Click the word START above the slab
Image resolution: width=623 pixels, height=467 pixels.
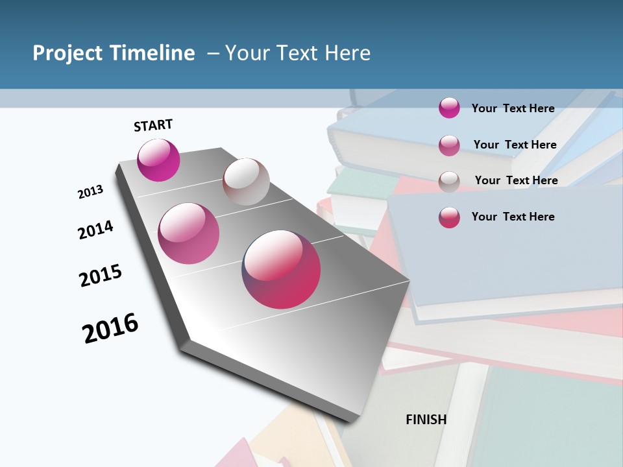pyautogui.click(x=153, y=125)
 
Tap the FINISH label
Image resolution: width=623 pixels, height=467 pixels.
pyautogui.click(x=426, y=420)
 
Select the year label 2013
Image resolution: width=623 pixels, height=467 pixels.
pyautogui.click(x=90, y=192)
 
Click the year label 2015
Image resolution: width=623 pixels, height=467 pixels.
pyautogui.click(x=101, y=276)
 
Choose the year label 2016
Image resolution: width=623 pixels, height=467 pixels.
pyautogui.click(x=110, y=328)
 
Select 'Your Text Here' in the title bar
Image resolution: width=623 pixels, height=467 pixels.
pyautogui.click(x=297, y=53)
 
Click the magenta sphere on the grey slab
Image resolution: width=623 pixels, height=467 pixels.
pyautogui.click(x=158, y=160)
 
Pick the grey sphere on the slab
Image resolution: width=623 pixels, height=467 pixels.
pyautogui.click(x=246, y=182)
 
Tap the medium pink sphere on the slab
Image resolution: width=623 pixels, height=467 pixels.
pyautogui.click(x=188, y=233)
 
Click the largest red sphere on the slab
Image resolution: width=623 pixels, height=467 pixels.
pyautogui.click(x=281, y=269)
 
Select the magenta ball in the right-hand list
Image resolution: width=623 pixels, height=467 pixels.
pyautogui.click(x=449, y=108)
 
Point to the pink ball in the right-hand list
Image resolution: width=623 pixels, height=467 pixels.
pyautogui.click(x=449, y=145)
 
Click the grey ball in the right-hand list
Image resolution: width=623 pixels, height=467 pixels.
pyautogui.click(x=449, y=182)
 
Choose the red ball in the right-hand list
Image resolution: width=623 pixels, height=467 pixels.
pyautogui.click(x=449, y=217)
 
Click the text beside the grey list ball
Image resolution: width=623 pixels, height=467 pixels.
pyautogui.click(x=516, y=180)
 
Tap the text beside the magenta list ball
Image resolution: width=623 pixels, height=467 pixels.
pyautogui.click(x=513, y=108)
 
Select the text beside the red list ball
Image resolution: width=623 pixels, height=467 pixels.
pyautogui.click(x=513, y=217)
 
